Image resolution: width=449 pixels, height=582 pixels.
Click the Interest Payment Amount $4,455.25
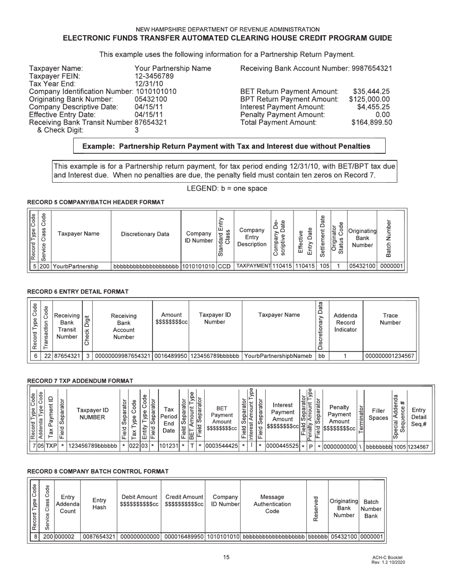(x=373, y=107)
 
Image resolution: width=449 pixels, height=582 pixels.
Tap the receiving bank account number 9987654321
(x=371, y=68)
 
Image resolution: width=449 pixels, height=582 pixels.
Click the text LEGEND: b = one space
(x=227, y=188)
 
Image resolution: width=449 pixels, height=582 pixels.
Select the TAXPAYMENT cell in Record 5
(x=253, y=266)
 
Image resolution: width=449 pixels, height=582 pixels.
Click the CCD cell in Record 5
(x=224, y=266)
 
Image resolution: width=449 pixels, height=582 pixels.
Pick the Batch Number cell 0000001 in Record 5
(x=391, y=266)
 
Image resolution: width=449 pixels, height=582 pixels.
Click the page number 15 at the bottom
(x=226, y=557)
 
